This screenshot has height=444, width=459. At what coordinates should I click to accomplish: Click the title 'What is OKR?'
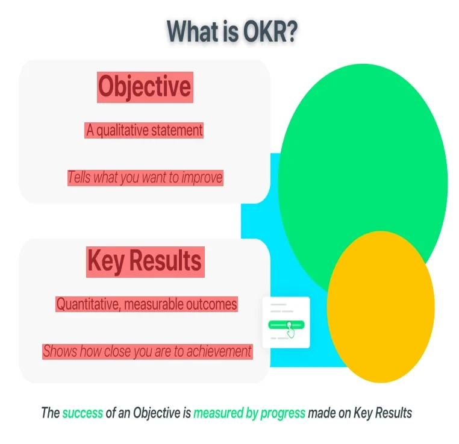tap(232, 31)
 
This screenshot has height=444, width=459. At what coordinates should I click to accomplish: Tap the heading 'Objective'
tap(145, 87)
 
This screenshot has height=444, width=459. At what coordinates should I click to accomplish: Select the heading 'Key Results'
tap(145, 261)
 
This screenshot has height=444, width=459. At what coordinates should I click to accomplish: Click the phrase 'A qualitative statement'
tap(144, 130)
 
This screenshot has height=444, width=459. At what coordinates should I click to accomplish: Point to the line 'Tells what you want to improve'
tap(145, 177)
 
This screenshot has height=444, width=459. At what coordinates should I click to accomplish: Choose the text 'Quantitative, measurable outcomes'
tap(146, 304)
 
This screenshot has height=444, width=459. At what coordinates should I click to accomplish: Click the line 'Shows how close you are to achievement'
tap(147, 351)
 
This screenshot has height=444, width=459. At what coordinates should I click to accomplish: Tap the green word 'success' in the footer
tap(83, 413)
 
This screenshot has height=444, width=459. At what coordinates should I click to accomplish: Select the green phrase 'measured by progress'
tap(249, 413)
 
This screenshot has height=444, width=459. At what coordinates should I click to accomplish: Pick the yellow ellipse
tap(381, 307)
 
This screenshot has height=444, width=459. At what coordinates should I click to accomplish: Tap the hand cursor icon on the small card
tap(290, 330)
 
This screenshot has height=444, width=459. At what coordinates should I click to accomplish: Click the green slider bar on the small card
tap(286, 325)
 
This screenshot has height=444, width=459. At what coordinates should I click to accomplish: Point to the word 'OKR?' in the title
tap(270, 31)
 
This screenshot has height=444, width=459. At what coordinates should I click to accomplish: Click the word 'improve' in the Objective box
tap(202, 177)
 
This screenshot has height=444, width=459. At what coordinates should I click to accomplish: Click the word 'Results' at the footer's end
tap(393, 413)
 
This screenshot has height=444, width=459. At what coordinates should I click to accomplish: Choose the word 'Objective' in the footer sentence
tap(157, 413)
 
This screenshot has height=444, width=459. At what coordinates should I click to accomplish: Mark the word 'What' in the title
tap(193, 31)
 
